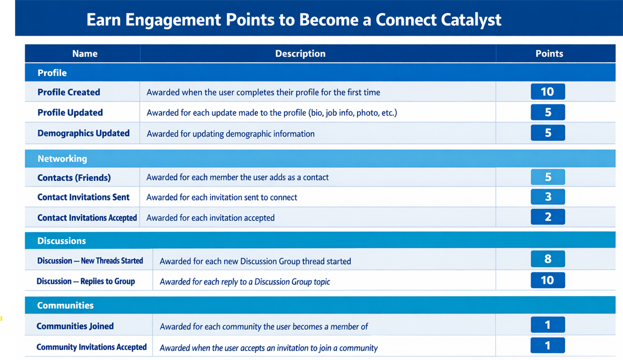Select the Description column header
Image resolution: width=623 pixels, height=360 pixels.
300,54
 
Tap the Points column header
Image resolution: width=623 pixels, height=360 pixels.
549,54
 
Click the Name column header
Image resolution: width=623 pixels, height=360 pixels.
85,54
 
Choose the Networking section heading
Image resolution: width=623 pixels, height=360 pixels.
62,158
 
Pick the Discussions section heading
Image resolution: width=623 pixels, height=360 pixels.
61,241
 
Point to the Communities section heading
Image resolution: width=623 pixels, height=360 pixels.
65,305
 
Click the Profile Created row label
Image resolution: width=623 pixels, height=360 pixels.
69,92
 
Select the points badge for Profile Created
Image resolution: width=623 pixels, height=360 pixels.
548,91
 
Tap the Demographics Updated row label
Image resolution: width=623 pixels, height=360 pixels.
84,134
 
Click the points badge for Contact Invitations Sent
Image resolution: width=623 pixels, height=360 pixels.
548,197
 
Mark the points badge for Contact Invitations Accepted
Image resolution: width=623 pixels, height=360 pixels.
548,217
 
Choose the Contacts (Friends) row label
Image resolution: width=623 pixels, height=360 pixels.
74,178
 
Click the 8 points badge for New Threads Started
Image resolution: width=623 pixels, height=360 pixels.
548,259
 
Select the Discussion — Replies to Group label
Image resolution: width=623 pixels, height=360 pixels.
86,281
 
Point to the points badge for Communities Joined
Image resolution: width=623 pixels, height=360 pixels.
548,325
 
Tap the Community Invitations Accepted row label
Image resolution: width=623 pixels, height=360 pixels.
91,347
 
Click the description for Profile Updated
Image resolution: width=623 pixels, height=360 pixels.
272,113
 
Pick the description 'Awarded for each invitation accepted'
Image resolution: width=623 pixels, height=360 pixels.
210,218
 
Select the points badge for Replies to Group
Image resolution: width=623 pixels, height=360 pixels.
548,280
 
